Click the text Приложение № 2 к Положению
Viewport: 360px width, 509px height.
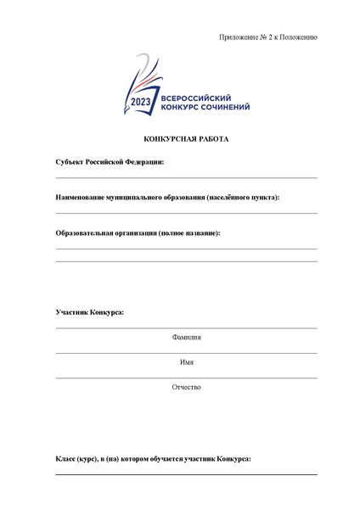click(267, 38)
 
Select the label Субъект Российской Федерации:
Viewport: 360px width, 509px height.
click(110, 161)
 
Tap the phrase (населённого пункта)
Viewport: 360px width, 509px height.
click(241, 197)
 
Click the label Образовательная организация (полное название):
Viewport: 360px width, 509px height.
click(138, 232)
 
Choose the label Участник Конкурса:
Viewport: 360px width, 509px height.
click(90, 313)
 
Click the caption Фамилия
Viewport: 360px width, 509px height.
click(186, 337)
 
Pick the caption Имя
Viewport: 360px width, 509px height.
click(186, 362)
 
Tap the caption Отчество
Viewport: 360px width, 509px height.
click(186, 387)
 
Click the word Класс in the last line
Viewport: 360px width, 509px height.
click(66, 458)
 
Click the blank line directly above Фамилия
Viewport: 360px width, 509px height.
click(186, 327)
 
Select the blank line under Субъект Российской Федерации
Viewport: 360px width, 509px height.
click(186, 177)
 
